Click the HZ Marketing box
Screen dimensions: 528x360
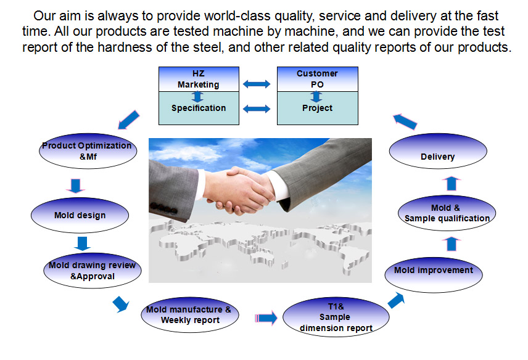click(x=199, y=79)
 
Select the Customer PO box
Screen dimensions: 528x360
click(x=317, y=79)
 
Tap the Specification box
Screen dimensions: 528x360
click(x=199, y=108)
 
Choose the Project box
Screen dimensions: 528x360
click(x=317, y=108)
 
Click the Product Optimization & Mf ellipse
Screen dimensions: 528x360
click(x=88, y=151)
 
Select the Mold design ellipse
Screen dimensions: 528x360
click(x=80, y=215)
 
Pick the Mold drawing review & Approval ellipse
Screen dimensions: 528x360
click(x=93, y=271)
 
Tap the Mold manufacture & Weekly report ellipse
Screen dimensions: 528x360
click(x=190, y=314)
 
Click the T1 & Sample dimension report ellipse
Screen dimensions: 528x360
click(x=336, y=317)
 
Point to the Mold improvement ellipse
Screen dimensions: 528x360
click(x=434, y=275)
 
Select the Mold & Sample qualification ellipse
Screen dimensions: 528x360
click(x=447, y=213)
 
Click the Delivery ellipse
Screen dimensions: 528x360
click(x=438, y=151)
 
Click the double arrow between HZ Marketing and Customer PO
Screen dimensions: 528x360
click(x=257, y=84)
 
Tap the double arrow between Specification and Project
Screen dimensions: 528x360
click(x=257, y=108)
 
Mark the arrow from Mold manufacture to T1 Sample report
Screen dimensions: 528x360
click(x=266, y=318)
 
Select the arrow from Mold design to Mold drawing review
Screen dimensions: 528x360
click(x=82, y=243)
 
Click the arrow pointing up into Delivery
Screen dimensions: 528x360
click(x=452, y=184)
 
